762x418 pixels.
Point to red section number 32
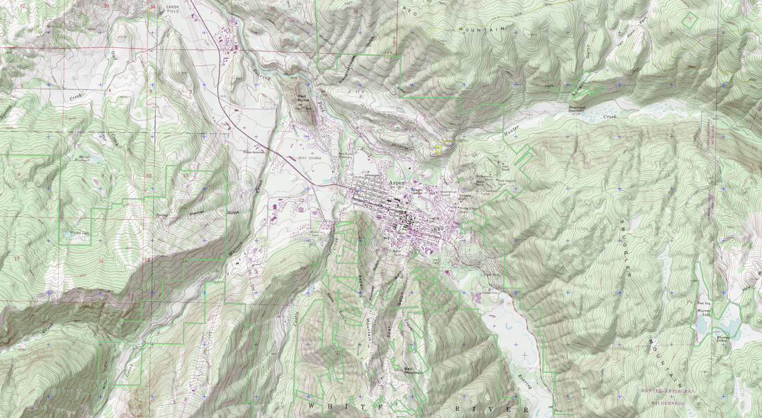tap(23, 6)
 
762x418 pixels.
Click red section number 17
tap(15, 259)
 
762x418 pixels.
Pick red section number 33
tap(106, 6)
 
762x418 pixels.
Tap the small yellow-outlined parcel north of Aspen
tap(438, 148)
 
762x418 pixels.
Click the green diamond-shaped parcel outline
tap(689, 19)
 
